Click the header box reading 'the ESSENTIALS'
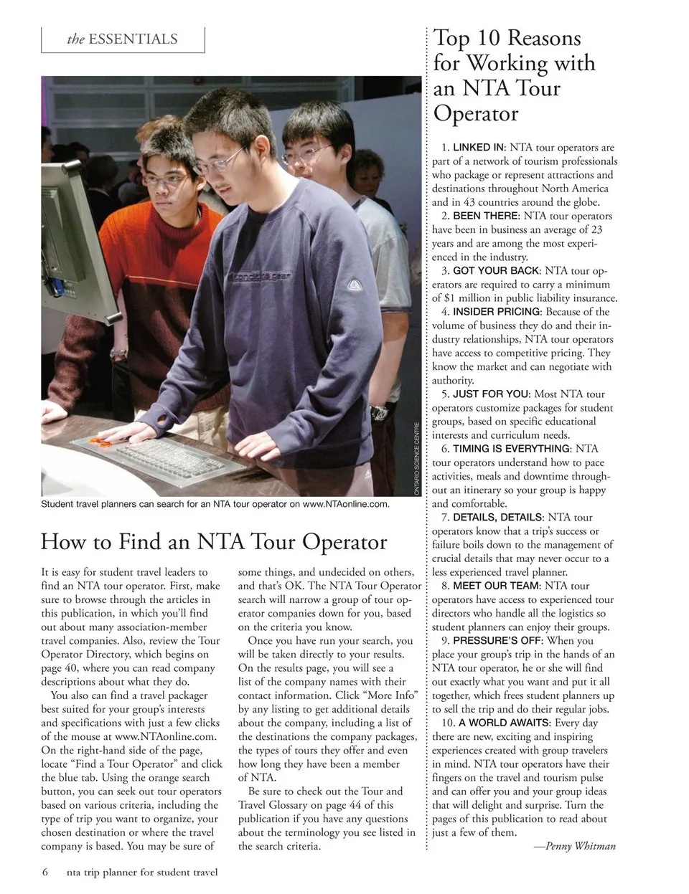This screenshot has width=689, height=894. pos(123,39)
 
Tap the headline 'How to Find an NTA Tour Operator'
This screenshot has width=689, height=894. pos(214,541)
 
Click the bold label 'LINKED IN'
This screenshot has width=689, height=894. pos(479,148)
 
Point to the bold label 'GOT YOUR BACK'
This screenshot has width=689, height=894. pos(496,270)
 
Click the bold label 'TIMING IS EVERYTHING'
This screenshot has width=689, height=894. pos(512,449)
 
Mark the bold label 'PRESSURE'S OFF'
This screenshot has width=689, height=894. pos(498,640)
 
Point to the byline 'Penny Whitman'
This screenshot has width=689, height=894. pos(575,846)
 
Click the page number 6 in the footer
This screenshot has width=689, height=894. pos(45,872)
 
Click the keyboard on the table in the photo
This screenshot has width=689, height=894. pos(173,459)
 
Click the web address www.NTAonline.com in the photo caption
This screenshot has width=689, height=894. pos(345,504)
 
